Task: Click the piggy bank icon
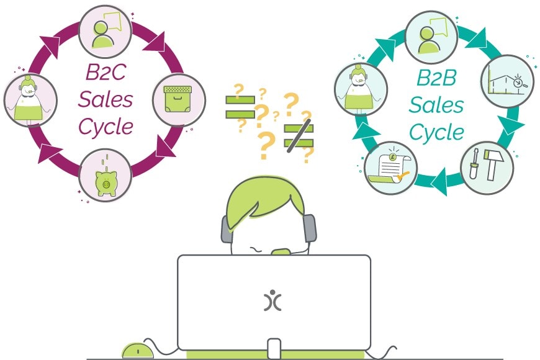pos(105,174)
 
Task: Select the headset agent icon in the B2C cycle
pos(30,99)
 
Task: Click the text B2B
pos(436,80)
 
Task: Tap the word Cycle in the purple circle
pos(106,125)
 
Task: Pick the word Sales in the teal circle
pos(436,106)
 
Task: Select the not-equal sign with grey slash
pos(299,136)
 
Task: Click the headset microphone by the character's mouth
pos(281,251)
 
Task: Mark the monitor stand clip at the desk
pos(274,348)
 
